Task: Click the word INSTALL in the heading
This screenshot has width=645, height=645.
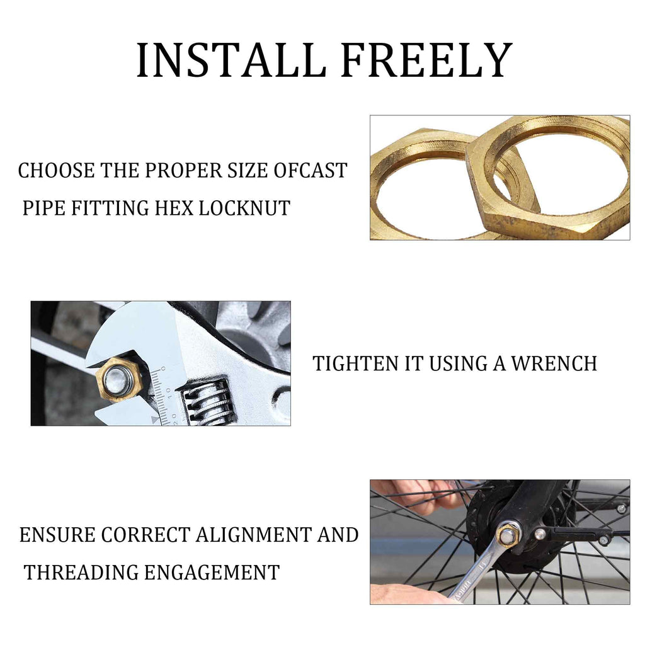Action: tap(231, 60)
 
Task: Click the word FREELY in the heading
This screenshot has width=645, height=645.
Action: tap(427, 60)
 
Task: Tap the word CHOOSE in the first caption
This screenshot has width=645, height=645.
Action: tap(56, 170)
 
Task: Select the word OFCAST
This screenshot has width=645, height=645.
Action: tap(311, 170)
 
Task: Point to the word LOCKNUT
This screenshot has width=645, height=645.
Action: tap(245, 208)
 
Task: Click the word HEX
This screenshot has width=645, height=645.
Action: tap(174, 208)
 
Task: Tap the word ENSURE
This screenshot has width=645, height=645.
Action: tap(57, 535)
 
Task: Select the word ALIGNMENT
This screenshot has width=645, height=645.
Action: tap(253, 535)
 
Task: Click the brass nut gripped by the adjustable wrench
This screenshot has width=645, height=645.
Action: tap(119, 379)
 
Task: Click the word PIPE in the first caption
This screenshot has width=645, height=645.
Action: tap(43, 208)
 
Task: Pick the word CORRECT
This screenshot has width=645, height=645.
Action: tap(146, 535)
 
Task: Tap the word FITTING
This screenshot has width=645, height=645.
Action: tap(110, 208)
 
